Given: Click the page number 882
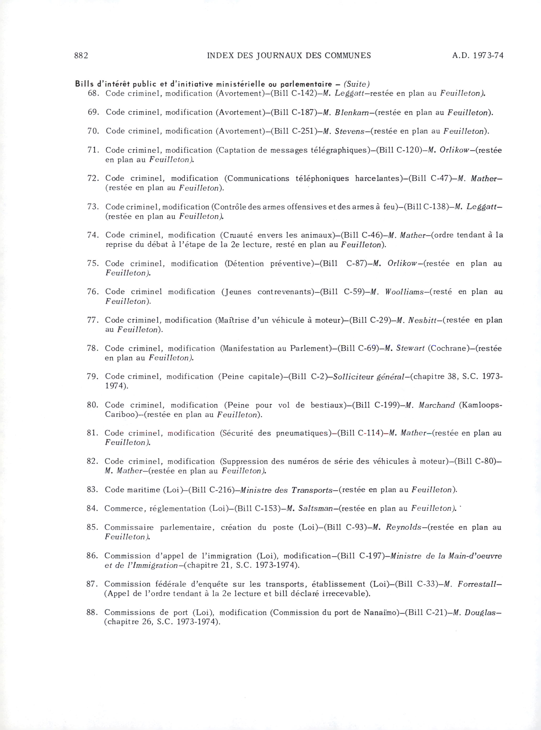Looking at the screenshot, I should [81, 56].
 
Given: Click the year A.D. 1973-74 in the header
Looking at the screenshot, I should [477, 56].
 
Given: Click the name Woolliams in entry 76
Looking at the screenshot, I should [404, 292].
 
